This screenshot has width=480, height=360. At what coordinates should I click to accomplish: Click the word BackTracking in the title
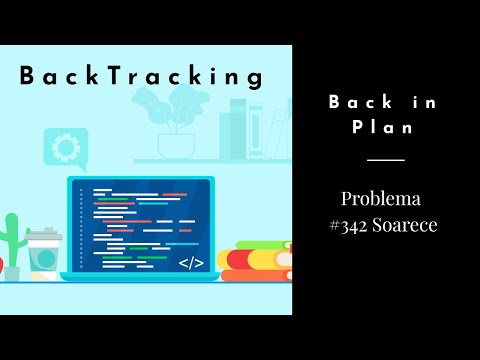pyautogui.click(x=141, y=76)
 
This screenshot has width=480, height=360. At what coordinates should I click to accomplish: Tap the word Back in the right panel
pyautogui.click(x=354, y=103)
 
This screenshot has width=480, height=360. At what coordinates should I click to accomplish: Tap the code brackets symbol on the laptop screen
pyautogui.click(x=190, y=263)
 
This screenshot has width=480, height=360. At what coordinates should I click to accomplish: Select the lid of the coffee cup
pyautogui.click(x=42, y=236)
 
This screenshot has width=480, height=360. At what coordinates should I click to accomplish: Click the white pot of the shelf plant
pyautogui.click(x=175, y=146)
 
